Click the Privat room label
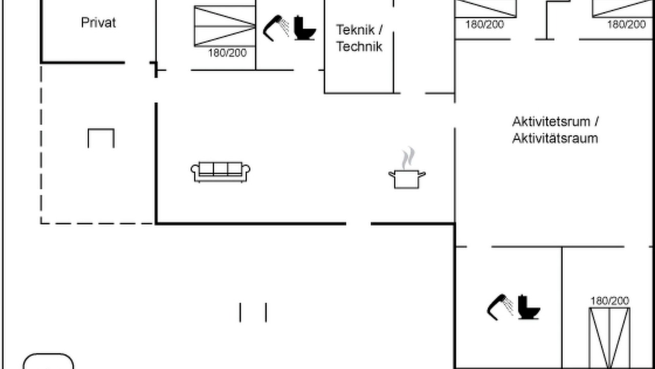pos(98,23)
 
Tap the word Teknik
pos(355,30)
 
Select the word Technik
pos(359,46)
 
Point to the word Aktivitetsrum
pos(551,121)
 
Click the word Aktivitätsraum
pos(555,138)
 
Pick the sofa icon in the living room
pos(221,172)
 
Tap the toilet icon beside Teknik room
pos(304,28)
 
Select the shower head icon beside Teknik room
pos(276,28)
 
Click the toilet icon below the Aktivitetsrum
pos(529,307)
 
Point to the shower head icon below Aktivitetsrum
pos(500,307)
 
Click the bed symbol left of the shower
pos(225,26)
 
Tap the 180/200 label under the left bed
pos(227,53)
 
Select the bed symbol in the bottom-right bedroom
pos(609,338)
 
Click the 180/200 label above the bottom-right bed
pos(609,301)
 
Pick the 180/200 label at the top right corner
pos(626,24)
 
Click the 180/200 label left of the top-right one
pos(485,25)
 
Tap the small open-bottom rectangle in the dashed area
pos(101,129)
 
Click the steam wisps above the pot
pos(408,158)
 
